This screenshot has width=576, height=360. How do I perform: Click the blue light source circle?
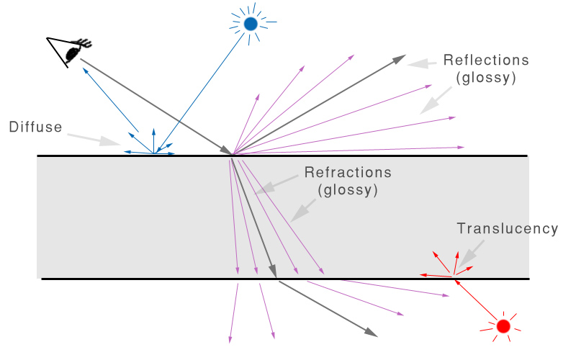[251, 24]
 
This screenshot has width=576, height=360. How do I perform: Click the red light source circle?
[503, 326]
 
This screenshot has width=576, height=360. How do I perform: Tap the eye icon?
[73, 51]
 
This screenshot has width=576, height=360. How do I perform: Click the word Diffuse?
[35, 127]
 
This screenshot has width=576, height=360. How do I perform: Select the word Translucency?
[508, 228]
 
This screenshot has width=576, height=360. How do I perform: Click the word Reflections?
[486, 60]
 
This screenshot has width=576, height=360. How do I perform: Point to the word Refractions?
[348, 173]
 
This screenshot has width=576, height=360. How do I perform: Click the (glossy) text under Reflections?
[486, 78]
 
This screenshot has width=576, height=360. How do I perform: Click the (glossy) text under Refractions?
[348, 191]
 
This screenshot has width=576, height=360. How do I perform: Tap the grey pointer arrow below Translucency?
[471, 253]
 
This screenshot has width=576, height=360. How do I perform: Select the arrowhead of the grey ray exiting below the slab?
[372, 333]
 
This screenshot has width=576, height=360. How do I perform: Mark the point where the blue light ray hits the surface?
[153, 154]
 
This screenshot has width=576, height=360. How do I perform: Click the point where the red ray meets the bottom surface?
[453, 278]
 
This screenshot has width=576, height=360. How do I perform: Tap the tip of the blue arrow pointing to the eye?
[83, 68]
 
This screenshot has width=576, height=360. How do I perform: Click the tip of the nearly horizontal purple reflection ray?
[462, 147]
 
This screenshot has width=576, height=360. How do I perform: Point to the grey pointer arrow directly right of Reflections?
[420, 65]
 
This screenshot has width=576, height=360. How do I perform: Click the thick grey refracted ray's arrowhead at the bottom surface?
[274, 272]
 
